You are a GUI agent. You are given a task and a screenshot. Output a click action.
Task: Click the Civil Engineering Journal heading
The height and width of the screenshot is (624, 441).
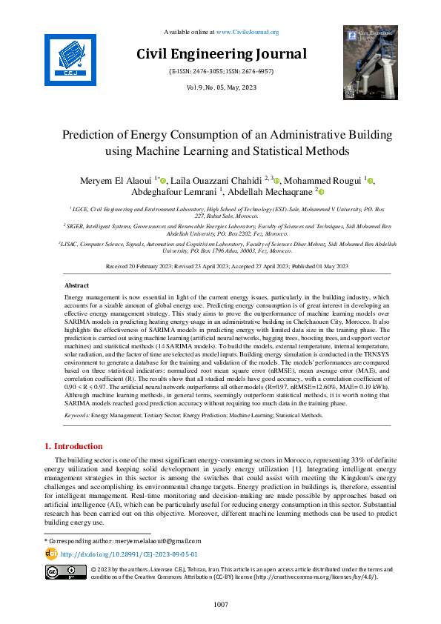coord(221,53)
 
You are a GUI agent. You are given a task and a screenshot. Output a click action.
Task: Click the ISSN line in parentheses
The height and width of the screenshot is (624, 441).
coord(221,72)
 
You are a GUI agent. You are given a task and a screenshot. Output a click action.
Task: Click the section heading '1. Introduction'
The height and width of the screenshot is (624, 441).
coord(72,446)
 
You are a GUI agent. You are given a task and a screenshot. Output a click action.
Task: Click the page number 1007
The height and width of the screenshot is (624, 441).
coord(221,605)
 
